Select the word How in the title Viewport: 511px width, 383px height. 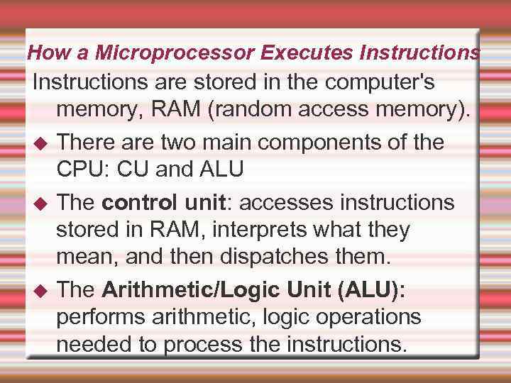click(x=45, y=52)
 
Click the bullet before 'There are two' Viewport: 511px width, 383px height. click(x=40, y=143)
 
